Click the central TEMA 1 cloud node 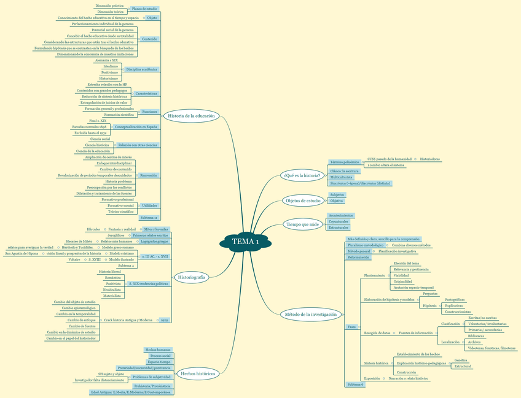[245, 242]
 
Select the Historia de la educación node [191, 115]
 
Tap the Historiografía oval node [192, 277]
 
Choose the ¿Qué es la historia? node [301, 175]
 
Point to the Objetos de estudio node [303, 201]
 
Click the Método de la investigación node [311, 314]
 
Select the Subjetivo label [337, 194]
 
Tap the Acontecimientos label [341, 215]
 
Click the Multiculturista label [342, 177]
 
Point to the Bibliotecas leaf [476, 336]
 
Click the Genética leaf [461, 360]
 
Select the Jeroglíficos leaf [116, 235]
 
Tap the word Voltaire [74, 259]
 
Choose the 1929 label [164, 320]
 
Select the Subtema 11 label [149, 218]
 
